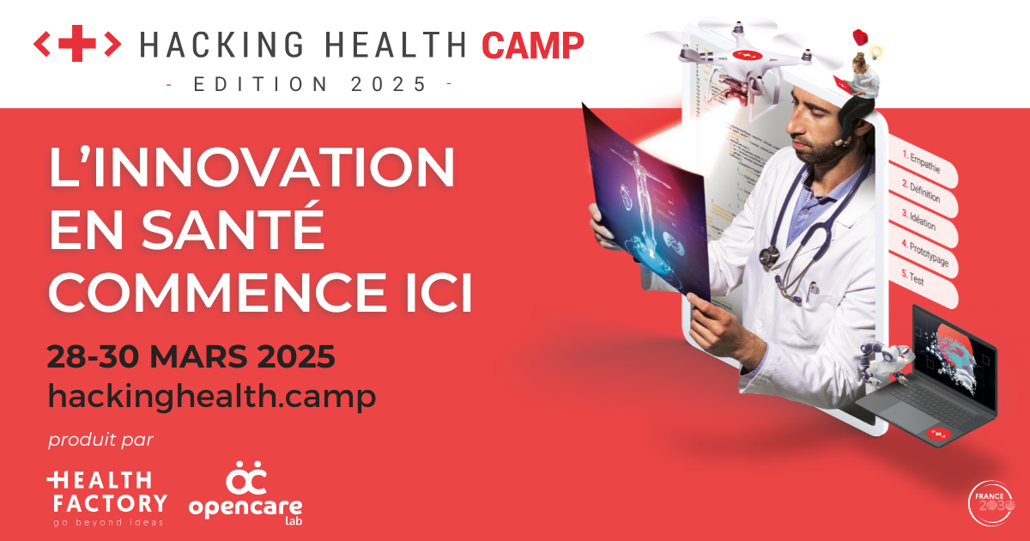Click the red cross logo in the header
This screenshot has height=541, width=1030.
click(77, 44)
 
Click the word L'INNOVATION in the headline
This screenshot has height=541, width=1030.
click(251, 169)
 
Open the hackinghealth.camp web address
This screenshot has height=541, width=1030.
click(212, 397)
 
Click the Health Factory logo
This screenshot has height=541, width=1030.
click(106, 496)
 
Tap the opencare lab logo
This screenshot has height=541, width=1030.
click(245, 493)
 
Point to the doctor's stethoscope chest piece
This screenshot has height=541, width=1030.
click(768, 256)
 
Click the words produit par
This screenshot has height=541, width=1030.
click(100, 441)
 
